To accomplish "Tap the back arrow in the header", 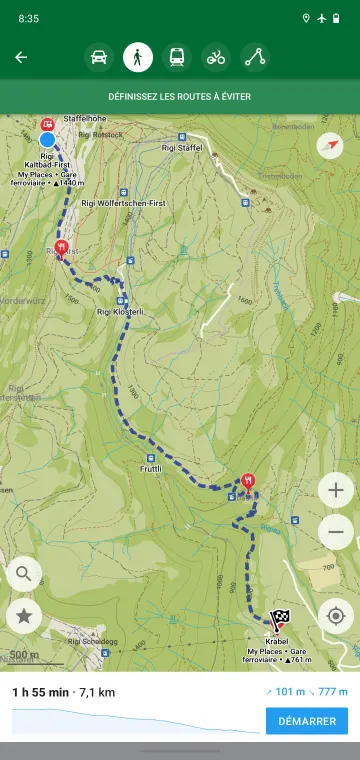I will tap(21, 57).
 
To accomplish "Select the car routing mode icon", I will tap(99, 57).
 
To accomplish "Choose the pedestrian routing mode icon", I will tap(138, 57).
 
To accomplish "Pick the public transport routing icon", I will tap(177, 57).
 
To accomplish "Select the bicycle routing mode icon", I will tap(216, 57).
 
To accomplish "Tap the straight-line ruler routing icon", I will tap(255, 57).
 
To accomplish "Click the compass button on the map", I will tap(330, 146).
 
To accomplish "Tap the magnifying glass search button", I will tap(24, 574).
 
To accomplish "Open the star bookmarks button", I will tap(24, 617).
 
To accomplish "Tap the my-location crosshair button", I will tap(336, 616).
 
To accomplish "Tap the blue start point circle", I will tap(47, 140).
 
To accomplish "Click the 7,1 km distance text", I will tap(95, 691).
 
